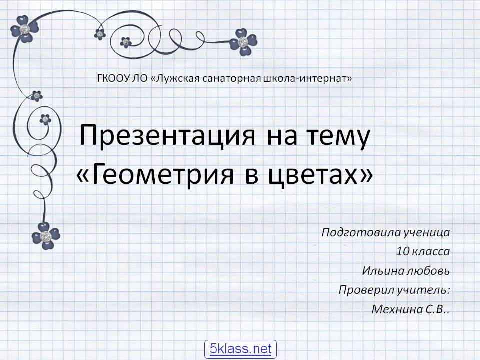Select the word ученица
coord(428,233)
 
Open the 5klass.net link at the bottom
coord(240,348)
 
